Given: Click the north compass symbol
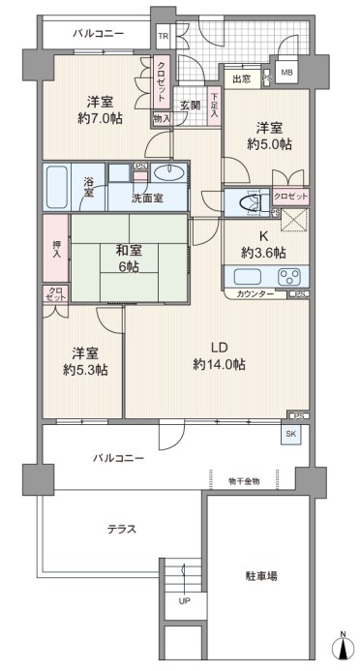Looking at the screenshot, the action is (x=343, y=642).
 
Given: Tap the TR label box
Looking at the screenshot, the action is (x=164, y=36).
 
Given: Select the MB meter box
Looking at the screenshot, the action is (x=286, y=73).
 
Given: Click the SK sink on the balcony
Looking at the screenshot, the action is (x=290, y=434).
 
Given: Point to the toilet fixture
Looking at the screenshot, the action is (x=249, y=201).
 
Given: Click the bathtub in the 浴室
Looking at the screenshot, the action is (x=57, y=187).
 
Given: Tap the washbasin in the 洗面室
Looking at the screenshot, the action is (x=169, y=173).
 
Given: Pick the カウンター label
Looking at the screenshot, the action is (x=255, y=294).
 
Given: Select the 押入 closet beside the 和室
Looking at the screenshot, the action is (x=56, y=249).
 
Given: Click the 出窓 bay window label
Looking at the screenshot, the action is (x=242, y=78).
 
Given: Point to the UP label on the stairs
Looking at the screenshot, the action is (x=184, y=601).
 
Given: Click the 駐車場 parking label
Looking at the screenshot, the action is (x=261, y=576).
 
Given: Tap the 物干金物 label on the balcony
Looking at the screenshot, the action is (x=244, y=481).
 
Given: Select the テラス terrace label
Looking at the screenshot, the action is (x=122, y=530).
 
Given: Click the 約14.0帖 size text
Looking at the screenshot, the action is (x=219, y=365).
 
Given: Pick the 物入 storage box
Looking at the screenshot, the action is (x=162, y=119).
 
